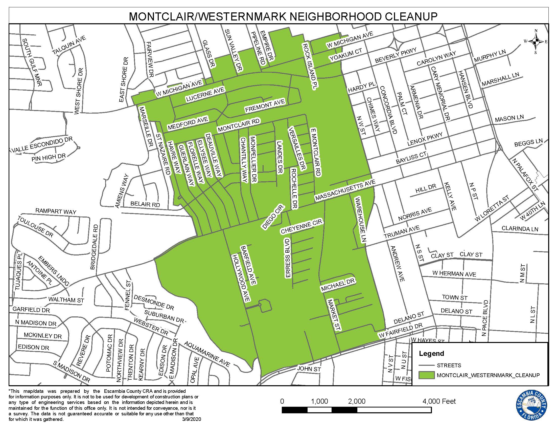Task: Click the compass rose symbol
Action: pyautogui.click(x=536, y=41)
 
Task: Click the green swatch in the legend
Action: pyautogui.click(x=426, y=375)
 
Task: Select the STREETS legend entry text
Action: pyautogui.click(x=449, y=365)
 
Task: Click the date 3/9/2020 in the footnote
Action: pyautogui.click(x=192, y=419)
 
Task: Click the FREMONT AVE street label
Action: pyautogui.click(x=265, y=106)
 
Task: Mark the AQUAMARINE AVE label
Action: pyautogui.click(x=207, y=354)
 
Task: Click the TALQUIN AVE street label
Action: pyautogui.click(x=69, y=45)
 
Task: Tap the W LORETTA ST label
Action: pyautogui.click(x=492, y=208)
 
